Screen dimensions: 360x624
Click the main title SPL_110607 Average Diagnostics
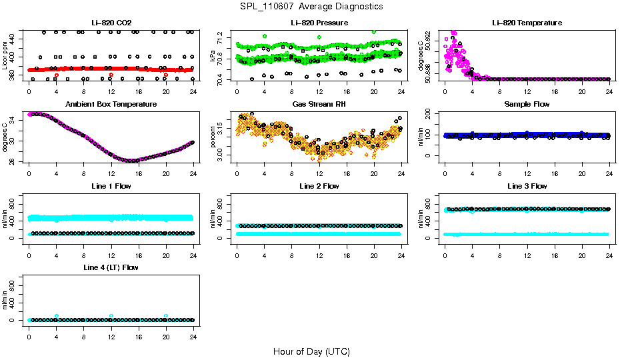312,6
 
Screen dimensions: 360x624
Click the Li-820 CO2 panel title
111,23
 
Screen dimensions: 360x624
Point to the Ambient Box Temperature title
111,105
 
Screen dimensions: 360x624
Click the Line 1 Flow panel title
111,186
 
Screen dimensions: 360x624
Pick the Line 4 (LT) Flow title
111,267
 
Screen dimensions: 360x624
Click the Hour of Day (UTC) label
311,351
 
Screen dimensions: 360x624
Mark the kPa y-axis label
213,56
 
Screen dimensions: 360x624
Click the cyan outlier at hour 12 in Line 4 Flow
111,316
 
